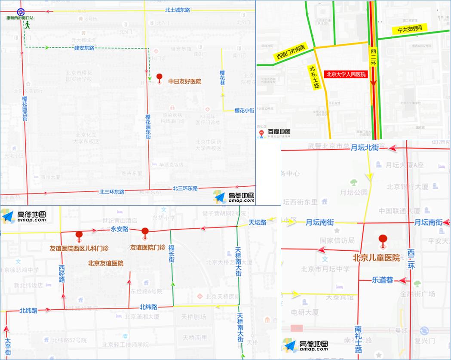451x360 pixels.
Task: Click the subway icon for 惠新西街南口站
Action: click(x=20, y=12)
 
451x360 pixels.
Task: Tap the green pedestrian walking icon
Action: click(x=28, y=25)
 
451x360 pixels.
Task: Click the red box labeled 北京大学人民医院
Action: click(x=346, y=74)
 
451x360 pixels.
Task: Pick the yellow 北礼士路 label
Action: click(x=315, y=77)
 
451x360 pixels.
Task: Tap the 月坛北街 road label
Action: click(x=365, y=148)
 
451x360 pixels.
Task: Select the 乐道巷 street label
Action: click(x=382, y=280)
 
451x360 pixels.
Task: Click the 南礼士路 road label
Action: click(x=358, y=338)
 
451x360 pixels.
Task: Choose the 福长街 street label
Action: click(x=171, y=254)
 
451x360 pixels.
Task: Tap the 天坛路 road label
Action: click(x=258, y=222)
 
